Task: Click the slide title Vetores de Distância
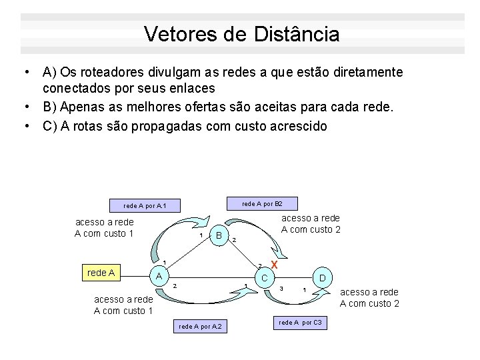[241, 34]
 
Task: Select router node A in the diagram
[158, 275]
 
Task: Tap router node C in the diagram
[264, 277]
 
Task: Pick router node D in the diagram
[322, 277]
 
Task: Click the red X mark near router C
[273, 265]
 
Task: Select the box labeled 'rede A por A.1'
[144, 206]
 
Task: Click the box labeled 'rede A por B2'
[261, 203]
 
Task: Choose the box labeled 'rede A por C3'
[300, 323]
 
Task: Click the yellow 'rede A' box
[102, 272]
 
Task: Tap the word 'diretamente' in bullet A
[370, 71]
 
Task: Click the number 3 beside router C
[282, 288]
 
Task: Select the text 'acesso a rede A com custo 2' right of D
[369, 297]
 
